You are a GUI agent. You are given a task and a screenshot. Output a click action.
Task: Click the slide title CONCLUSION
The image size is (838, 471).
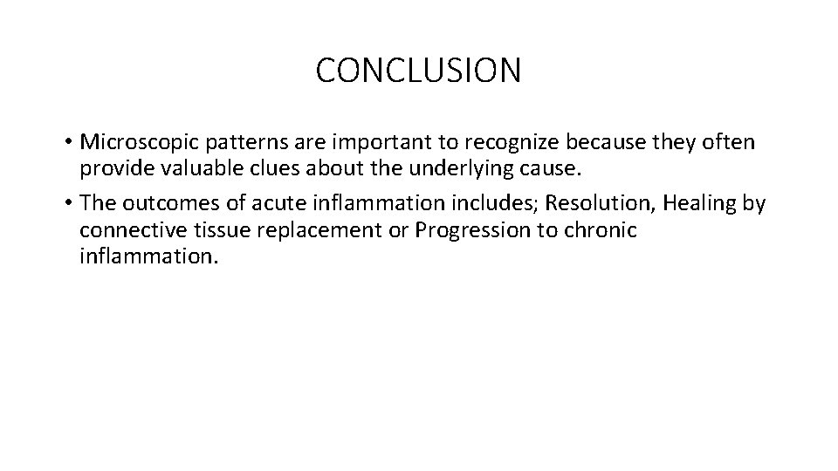point(418,71)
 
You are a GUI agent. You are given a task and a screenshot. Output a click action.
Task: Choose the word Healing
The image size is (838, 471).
point(700,204)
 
